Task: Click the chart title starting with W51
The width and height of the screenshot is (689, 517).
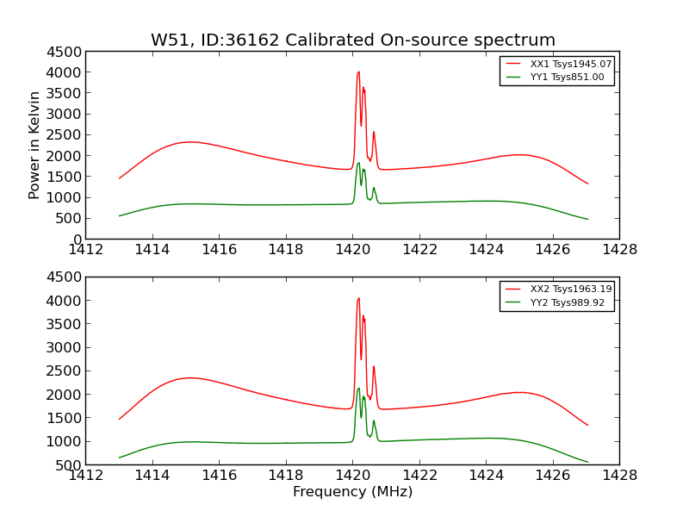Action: (353, 40)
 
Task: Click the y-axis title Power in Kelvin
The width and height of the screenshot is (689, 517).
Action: (35, 145)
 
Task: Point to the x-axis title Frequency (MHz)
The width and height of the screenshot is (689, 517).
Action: (353, 492)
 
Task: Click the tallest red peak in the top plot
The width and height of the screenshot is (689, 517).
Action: (358, 72)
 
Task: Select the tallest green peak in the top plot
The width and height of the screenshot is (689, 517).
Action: (358, 163)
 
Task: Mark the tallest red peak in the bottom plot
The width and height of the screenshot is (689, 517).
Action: (358, 299)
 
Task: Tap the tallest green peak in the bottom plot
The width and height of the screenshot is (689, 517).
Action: (358, 389)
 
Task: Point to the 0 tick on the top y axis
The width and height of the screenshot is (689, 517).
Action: (77, 240)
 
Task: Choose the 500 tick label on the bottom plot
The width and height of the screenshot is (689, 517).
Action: (69, 465)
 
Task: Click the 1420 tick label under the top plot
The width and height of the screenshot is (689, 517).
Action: (352, 251)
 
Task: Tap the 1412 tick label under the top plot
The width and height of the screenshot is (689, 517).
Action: (85, 251)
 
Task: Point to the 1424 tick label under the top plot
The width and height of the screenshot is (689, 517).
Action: (486, 251)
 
